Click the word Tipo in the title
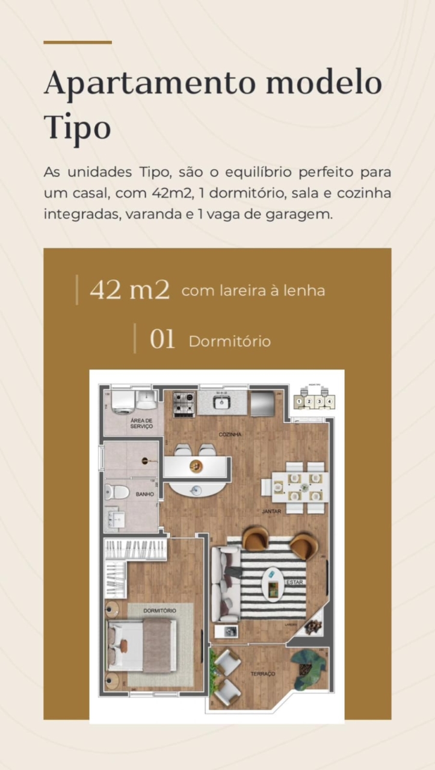(77, 127)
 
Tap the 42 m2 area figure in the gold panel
(130, 290)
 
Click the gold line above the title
(78, 42)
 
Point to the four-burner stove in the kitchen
(184, 404)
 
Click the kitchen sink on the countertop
(221, 402)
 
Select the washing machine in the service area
(123, 400)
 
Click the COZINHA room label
(230, 434)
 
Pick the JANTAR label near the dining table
(271, 511)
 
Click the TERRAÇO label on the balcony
(262, 674)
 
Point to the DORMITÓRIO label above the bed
(159, 611)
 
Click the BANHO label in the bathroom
(144, 494)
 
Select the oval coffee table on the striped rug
(274, 583)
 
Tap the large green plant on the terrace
(309, 669)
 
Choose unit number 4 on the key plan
(329, 401)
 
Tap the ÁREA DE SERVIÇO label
(141, 423)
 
